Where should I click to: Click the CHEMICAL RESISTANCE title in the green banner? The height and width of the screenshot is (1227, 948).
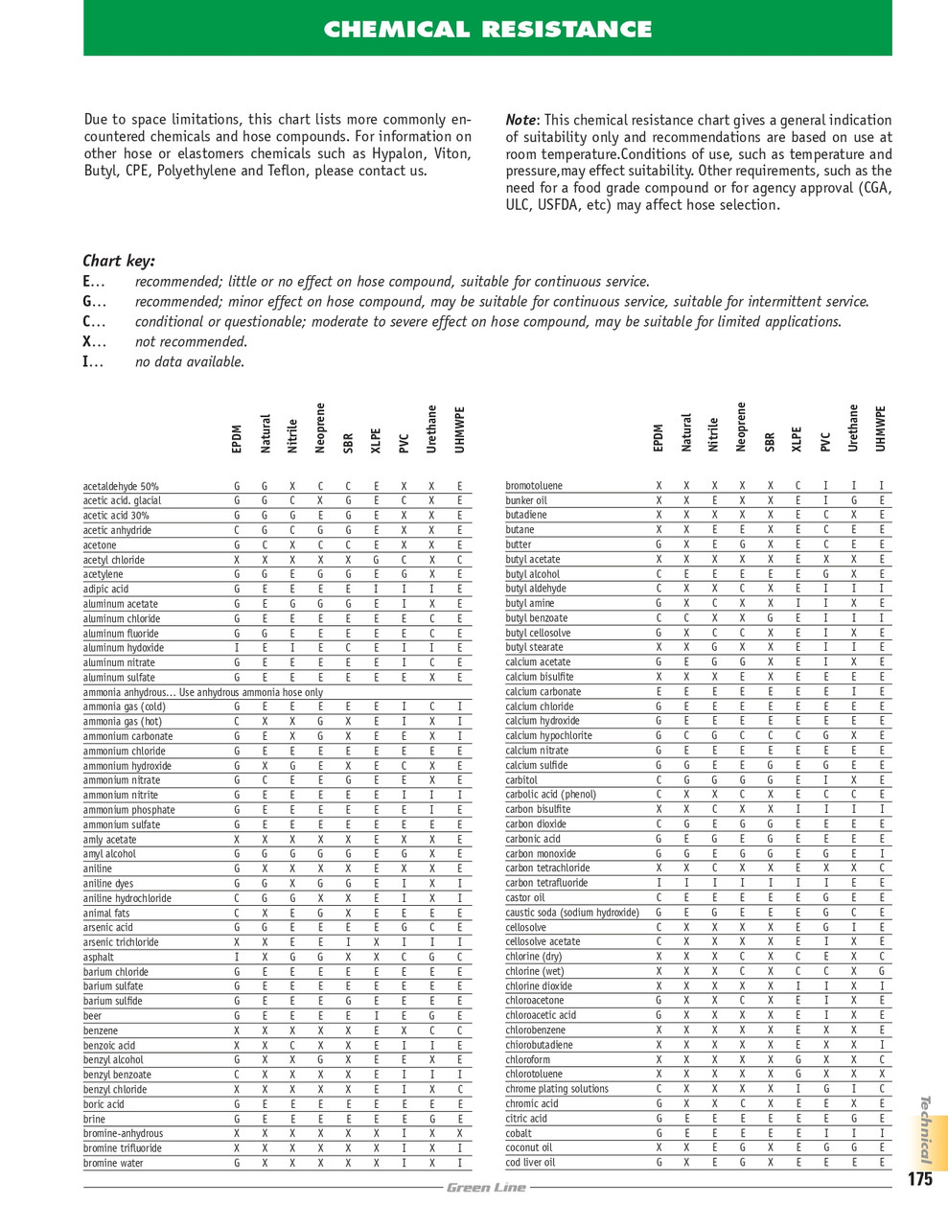[488, 29]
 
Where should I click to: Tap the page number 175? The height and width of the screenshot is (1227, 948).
[919, 1179]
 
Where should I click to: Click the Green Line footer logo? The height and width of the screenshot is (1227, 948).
[486, 1188]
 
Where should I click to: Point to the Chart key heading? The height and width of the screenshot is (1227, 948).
[119, 261]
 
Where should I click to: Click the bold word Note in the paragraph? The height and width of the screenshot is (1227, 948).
[520, 120]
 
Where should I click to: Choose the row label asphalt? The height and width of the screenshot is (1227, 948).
[99, 957]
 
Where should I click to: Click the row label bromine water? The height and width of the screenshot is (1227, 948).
[113, 1163]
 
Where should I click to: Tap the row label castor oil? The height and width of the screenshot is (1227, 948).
[525, 897]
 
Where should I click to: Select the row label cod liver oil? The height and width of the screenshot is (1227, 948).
[530, 1163]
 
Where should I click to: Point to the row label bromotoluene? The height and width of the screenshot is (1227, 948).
[534, 486]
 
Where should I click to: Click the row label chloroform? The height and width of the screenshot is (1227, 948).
[528, 1059]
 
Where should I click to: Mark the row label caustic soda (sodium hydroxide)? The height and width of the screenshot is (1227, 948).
[572, 913]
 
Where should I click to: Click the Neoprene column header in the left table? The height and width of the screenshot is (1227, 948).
[320, 428]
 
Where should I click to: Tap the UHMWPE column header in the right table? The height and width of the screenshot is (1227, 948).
[881, 430]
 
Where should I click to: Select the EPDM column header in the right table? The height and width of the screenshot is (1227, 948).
[658, 438]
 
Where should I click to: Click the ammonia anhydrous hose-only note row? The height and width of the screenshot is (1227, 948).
[202, 692]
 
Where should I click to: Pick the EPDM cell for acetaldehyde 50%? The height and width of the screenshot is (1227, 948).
[237, 486]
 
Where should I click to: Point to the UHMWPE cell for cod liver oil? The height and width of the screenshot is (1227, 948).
[881, 1163]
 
